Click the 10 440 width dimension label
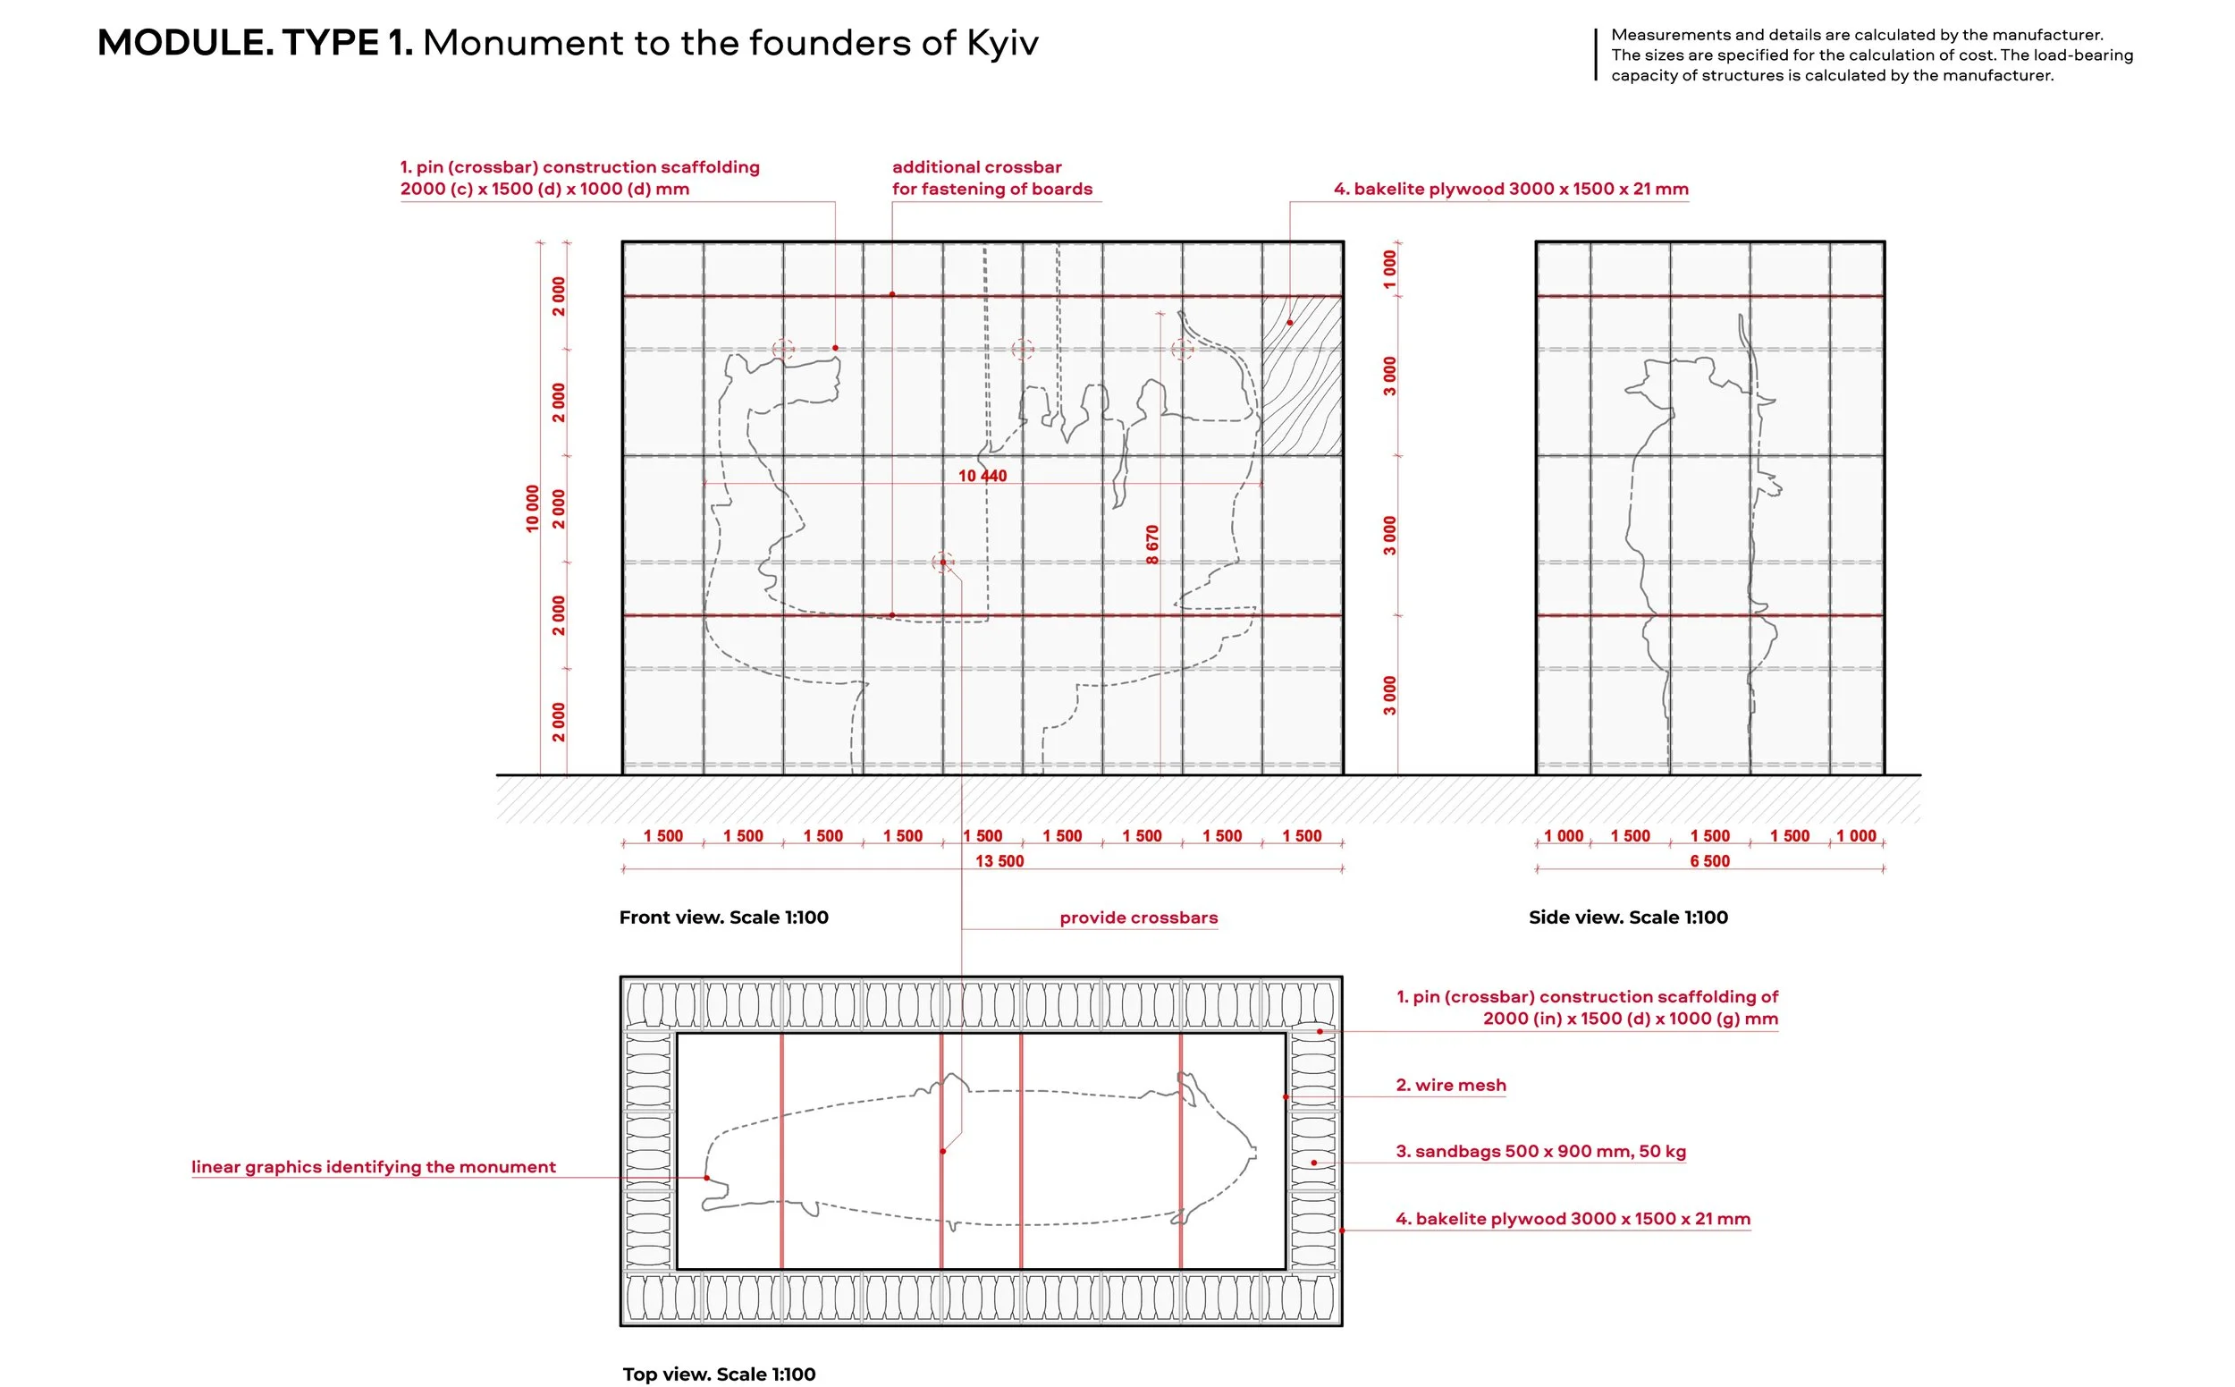pos(982,475)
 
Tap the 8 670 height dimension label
pos(1151,544)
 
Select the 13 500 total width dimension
pos(999,860)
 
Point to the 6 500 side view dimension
pos(1708,860)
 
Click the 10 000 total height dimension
pos(532,508)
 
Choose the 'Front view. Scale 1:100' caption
pos(722,918)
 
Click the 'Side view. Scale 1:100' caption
pos(1627,918)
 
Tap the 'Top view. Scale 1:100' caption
pos(718,1374)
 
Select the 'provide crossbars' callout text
pos(1138,918)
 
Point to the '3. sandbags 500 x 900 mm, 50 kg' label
pos(1539,1150)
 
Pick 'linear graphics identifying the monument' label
pos(374,1166)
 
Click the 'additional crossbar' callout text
pos(976,167)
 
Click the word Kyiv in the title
pos(1001,43)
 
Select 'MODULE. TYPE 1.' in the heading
pos(255,43)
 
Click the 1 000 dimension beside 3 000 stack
pos(1389,269)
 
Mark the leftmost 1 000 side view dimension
pos(1563,835)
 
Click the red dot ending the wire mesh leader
pos(1285,1096)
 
